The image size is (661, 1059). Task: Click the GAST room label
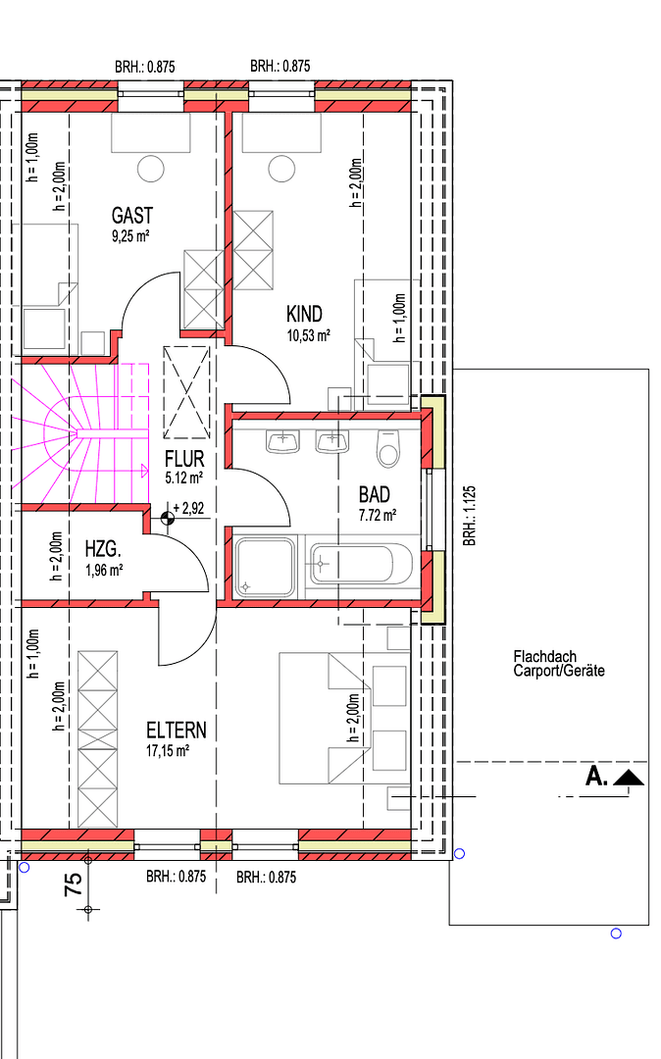[x=132, y=215]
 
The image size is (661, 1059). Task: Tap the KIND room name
[x=304, y=314]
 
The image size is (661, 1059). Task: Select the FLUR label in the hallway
[x=183, y=459]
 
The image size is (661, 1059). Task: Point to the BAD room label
[x=374, y=495]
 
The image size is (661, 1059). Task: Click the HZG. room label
[x=103, y=551]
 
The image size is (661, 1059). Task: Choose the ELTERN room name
[x=177, y=730]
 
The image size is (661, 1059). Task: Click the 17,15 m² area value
[x=167, y=750]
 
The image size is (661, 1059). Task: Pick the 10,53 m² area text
[x=308, y=334]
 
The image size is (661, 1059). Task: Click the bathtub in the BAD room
[x=350, y=565]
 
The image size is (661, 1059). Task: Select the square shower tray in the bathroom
[x=264, y=567]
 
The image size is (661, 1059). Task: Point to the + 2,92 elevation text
[x=187, y=509]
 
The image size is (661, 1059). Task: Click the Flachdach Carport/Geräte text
[x=559, y=664]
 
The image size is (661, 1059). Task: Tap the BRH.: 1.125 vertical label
[x=470, y=515]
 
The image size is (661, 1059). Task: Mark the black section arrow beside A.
[x=628, y=779]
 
